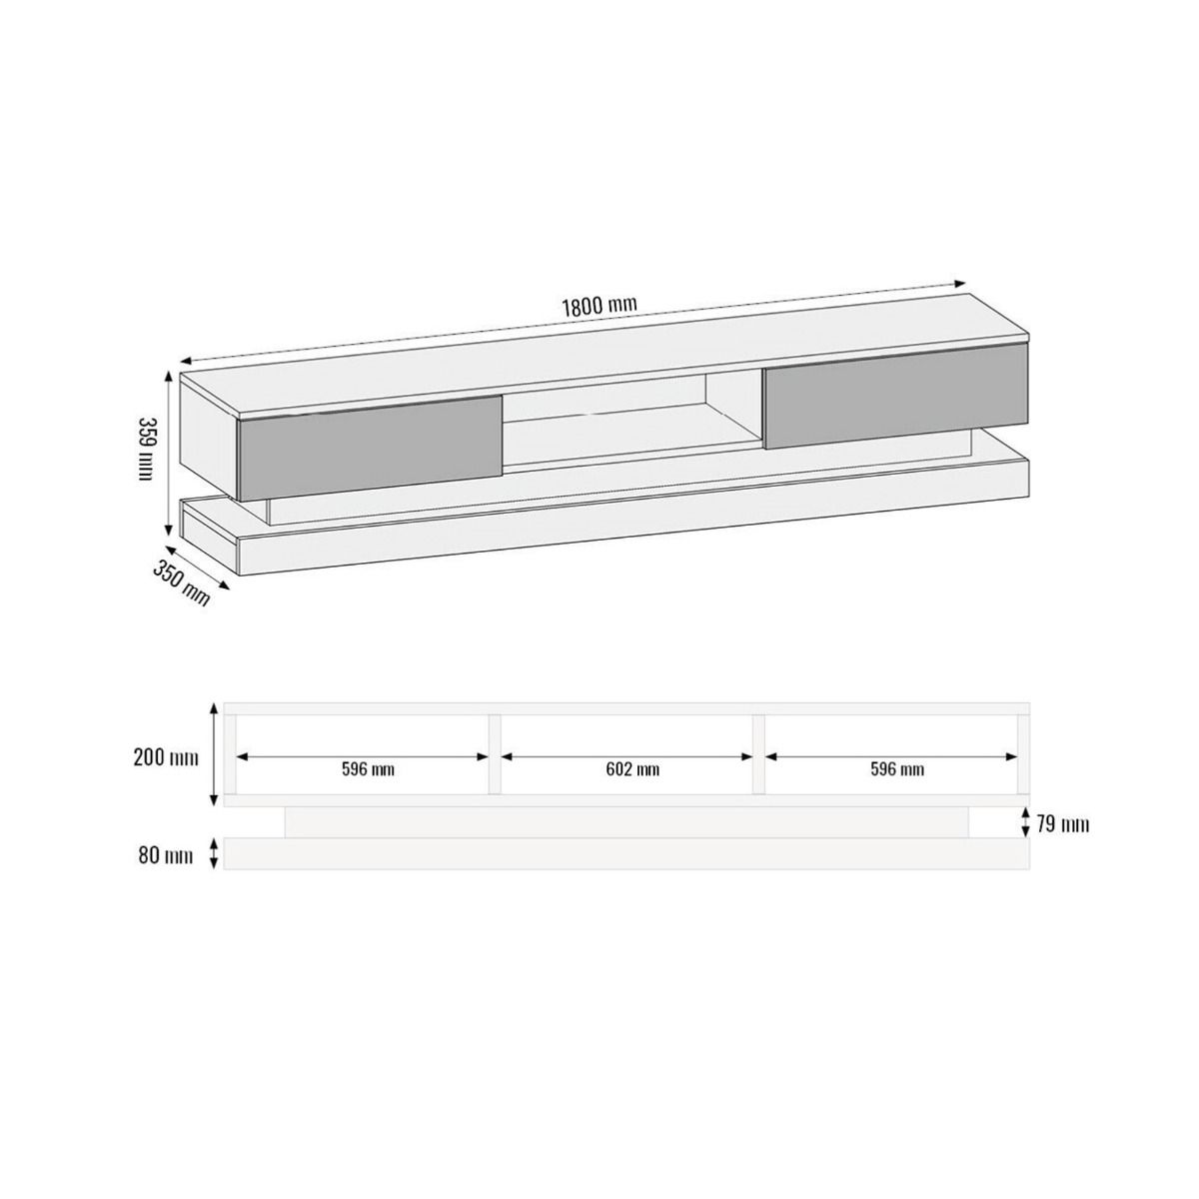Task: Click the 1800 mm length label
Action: click(599, 307)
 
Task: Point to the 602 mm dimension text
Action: click(632, 769)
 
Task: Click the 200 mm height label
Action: click(166, 757)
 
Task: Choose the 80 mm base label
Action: click(166, 856)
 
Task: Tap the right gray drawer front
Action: click(896, 396)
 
